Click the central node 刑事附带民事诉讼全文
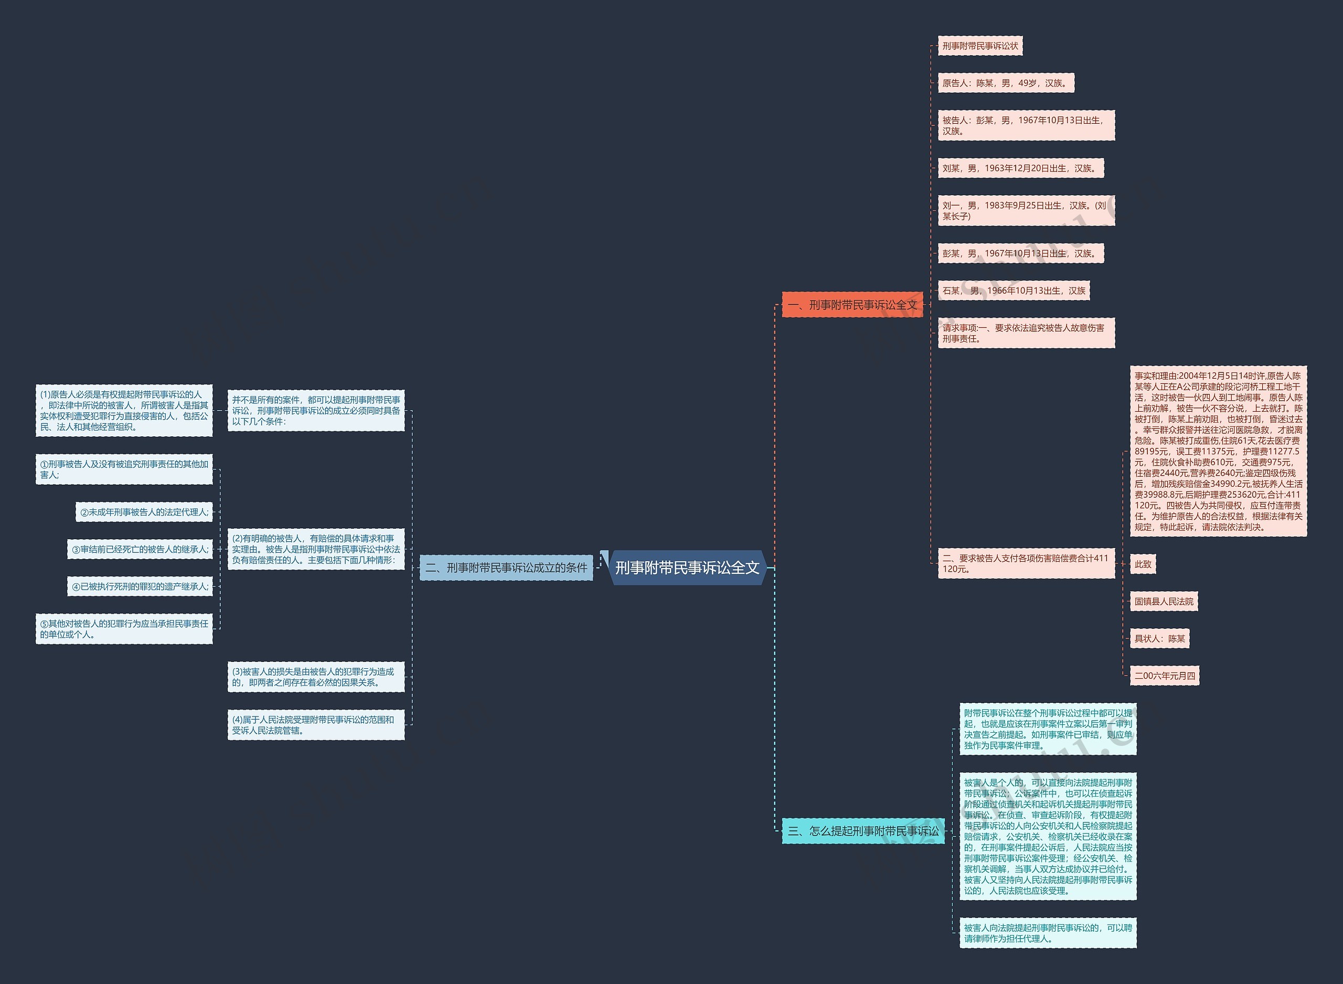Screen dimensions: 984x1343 pos(687,568)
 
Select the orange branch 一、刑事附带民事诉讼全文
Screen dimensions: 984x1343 pos(852,305)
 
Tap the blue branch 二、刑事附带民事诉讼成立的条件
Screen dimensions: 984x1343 pos(506,568)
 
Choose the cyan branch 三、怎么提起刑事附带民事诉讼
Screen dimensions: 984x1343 pos(863,831)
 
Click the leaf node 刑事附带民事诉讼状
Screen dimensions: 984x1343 pos(979,46)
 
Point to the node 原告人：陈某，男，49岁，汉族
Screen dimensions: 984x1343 pos(1005,83)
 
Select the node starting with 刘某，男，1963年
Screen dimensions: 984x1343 pos(1020,168)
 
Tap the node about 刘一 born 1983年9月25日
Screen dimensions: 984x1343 pos(1026,211)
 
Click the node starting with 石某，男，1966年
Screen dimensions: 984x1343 pos(1013,291)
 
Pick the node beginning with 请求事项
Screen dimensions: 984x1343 pos(1026,333)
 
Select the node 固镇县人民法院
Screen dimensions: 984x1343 pos(1164,602)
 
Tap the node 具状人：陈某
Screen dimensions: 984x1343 pos(1159,638)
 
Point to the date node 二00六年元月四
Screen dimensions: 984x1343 pos(1164,676)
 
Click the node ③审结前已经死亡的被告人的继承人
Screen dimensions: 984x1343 pos(140,549)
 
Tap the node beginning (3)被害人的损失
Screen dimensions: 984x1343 pos(316,677)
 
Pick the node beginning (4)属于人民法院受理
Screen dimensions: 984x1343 pos(316,725)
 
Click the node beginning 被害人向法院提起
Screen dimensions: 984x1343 pos(1048,933)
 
